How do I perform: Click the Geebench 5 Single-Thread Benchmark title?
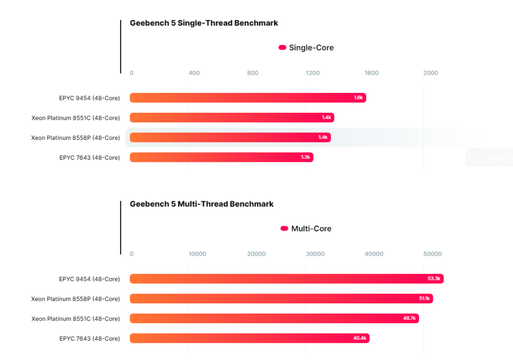204,23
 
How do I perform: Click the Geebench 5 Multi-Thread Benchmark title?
201,204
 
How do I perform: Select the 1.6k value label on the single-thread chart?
358,98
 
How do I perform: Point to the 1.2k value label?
305,157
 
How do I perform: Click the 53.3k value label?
433,279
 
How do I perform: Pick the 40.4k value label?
359,338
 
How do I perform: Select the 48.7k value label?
409,318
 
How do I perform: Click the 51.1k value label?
424,299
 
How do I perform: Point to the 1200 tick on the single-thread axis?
313,73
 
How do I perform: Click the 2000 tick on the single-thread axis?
430,73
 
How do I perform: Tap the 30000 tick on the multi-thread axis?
315,254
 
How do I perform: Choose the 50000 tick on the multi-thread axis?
432,254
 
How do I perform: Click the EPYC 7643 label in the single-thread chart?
89,158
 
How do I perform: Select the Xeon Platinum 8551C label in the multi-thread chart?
75,319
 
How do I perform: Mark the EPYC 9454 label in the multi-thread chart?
89,279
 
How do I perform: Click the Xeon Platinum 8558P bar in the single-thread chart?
230,137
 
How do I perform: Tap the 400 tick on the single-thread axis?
195,73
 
